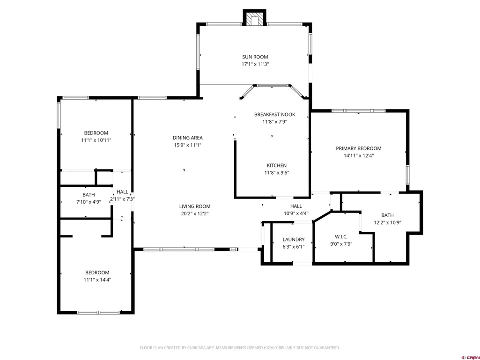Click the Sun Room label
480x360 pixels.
[x=255, y=57]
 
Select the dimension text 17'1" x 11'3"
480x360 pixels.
[x=255, y=64]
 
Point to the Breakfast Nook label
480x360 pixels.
[x=274, y=115]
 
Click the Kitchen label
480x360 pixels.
[x=276, y=165]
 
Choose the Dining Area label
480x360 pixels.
[x=188, y=138]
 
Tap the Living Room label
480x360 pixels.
[x=195, y=206]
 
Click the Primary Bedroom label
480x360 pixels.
[x=358, y=148]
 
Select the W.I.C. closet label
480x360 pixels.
[x=341, y=236]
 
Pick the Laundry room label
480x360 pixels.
[x=294, y=239]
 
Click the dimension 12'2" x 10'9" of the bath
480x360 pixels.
[x=387, y=222]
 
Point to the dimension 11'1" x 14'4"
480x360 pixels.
[x=97, y=279]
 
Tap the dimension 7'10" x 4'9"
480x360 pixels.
[x=89, y=202]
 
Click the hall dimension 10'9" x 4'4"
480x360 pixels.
[x=296, y=213]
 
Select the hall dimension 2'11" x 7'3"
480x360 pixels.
[x=122, y=199]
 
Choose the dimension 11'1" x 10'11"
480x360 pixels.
[x=96, y=140]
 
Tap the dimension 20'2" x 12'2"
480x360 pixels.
[x=195, y=213]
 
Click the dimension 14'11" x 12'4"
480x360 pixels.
[x=358, y=155]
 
